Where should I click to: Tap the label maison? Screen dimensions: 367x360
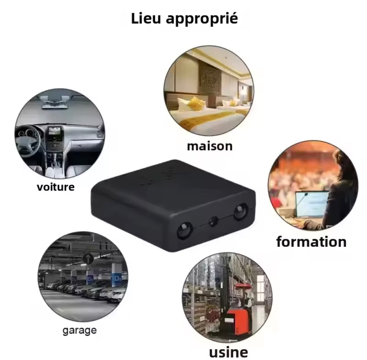click(x=210, y=146)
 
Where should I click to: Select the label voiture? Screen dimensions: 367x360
click(x=56, y=187)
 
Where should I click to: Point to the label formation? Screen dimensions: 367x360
click(x=311, y=242)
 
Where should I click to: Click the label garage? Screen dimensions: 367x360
click(x=80, y=331)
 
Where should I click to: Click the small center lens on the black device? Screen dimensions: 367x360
click(x=213, y=221)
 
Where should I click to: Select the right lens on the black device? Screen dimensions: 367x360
click(x=241, y=212)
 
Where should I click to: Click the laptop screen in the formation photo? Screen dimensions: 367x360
click(x=311, y=204)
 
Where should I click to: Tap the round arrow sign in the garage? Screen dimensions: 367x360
click(x=88, y=258)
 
